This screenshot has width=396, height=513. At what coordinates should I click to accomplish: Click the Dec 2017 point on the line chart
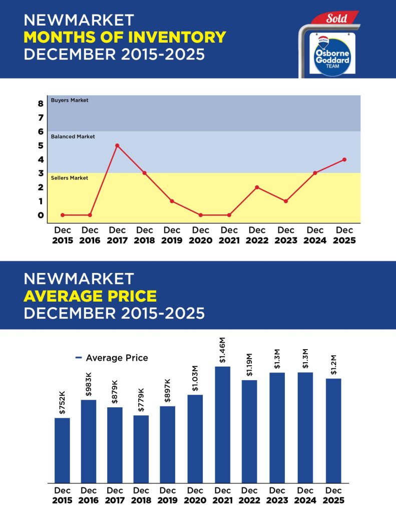(117, 146)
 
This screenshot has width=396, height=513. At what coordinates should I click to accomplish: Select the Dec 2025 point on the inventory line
(344, 159)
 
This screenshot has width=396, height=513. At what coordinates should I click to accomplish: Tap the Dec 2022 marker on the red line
(257, 187)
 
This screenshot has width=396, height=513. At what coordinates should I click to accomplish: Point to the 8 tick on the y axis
(40, 104)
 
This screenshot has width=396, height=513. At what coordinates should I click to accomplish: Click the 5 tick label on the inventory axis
(40, 146)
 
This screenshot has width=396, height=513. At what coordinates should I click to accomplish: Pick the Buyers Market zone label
(70, 101)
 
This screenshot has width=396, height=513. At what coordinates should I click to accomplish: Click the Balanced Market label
(73, 137)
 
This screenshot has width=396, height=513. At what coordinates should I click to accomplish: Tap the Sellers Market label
(70, 178)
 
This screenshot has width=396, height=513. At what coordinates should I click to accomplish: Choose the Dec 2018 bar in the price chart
(141, 449)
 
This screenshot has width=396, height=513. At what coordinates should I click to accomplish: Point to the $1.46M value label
(223, 351)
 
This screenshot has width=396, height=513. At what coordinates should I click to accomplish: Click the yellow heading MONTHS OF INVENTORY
(125, 37)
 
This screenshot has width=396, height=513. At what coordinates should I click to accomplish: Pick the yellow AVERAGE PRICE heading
(90, 296)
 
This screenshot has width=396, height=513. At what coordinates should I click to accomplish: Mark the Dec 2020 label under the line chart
(200, 235)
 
